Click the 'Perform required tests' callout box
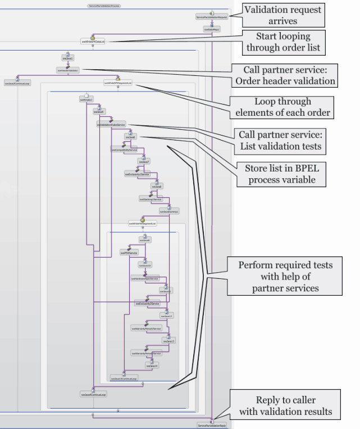pos(285,276)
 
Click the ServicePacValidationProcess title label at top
pos(104,5)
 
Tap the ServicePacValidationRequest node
pos(211,17)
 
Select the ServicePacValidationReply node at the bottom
pos(212,425)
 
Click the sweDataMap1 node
pos(212,29)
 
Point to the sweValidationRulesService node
pos(111,124)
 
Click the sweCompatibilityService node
pos(124,150)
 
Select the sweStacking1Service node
pos(151,199)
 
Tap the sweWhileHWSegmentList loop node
pos(142,223)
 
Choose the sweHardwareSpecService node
pos(145,278)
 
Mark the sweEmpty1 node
pos(86,100)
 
